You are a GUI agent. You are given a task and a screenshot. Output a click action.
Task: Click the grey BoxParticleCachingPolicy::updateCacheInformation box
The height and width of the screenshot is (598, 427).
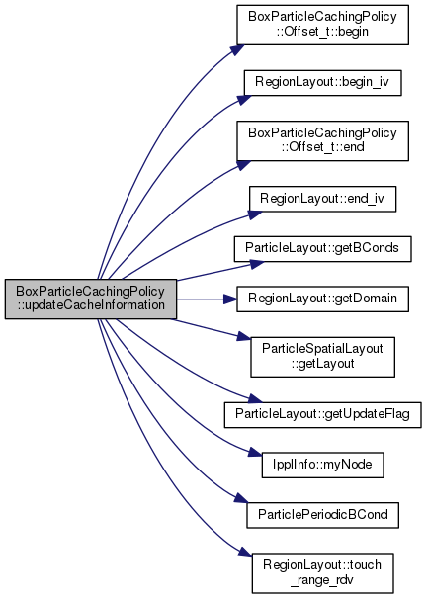(x=91, y=299)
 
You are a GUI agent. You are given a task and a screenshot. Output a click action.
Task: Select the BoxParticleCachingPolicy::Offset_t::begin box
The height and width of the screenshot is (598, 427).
(x=322, y=25)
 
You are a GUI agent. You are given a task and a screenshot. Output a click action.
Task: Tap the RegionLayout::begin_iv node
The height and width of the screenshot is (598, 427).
(x=322, y=83)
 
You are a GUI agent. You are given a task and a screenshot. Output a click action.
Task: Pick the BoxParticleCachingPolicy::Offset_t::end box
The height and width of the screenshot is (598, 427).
(x=322, y=140)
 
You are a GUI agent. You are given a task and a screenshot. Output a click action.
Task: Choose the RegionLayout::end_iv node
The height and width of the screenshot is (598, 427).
(x=322, y=199)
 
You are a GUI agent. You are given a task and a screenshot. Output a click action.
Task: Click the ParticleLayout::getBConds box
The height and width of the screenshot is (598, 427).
(x=322, y=249)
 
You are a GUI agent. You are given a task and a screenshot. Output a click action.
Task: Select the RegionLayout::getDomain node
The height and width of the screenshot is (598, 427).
(x=322, y=299)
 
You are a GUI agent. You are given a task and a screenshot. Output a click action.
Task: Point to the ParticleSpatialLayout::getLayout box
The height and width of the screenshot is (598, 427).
(x=322, y=357)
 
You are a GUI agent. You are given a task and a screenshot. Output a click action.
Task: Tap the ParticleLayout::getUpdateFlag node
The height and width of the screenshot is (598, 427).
(x=322, y=414)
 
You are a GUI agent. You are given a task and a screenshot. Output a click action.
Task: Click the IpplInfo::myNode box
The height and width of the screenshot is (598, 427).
(x=322, y=465)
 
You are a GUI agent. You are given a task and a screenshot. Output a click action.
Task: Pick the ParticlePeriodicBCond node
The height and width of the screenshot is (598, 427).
(x=322, y=515)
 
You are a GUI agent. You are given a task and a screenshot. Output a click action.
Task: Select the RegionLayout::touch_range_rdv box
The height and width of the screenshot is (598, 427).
(x=322, y=573)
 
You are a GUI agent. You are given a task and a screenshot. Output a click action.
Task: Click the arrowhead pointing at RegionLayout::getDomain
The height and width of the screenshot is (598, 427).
(x=230, y=299)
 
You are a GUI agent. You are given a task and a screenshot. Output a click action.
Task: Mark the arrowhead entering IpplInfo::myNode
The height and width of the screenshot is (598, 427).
(x=255, y=453)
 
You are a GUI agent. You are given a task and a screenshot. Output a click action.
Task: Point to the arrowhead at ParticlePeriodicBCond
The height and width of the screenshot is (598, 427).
(x=241, y=499)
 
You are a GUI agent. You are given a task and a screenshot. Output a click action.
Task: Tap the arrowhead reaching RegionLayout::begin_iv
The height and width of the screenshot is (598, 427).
(x=245, y=99)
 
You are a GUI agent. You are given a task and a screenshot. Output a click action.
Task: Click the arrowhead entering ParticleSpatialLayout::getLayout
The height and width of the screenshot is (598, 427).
(x=244, y=337)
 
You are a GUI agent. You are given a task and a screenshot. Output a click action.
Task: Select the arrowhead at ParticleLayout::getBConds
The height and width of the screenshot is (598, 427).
(x=257, y=264)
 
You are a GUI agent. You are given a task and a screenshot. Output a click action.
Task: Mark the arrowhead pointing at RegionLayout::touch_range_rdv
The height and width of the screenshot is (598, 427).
(x=245, y=552)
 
